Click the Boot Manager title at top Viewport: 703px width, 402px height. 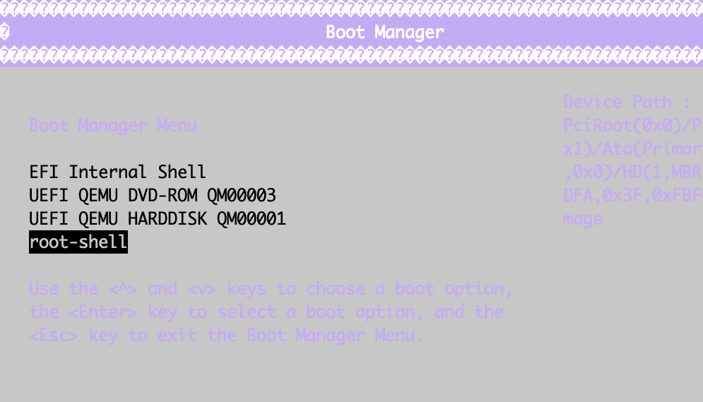tap(385, 32)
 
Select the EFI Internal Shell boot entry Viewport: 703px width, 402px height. tap(117, 172)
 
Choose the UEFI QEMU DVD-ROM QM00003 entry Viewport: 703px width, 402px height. tap(153, 196)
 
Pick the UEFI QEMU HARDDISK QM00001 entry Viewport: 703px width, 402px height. tap(158, 219)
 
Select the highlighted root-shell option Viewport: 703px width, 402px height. tap(78, 242)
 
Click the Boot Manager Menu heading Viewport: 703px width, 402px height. tap(113, 126)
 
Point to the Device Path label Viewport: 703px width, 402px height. tap(626, 102)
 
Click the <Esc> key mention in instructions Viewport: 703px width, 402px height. tap(54, 336)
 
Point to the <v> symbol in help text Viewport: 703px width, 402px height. tap(202, 289)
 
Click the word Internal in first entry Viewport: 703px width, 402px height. tap(108, 172)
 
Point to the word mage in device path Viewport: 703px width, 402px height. tap(583, 219)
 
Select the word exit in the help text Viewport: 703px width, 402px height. tap(177, 336)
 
